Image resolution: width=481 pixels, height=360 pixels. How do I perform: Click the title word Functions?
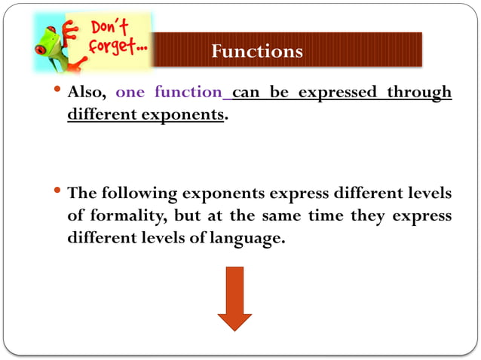point(257,51)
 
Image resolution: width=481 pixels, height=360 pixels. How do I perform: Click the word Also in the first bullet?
point(87,93)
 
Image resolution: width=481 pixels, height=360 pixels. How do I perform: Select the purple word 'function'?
point(188,93)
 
